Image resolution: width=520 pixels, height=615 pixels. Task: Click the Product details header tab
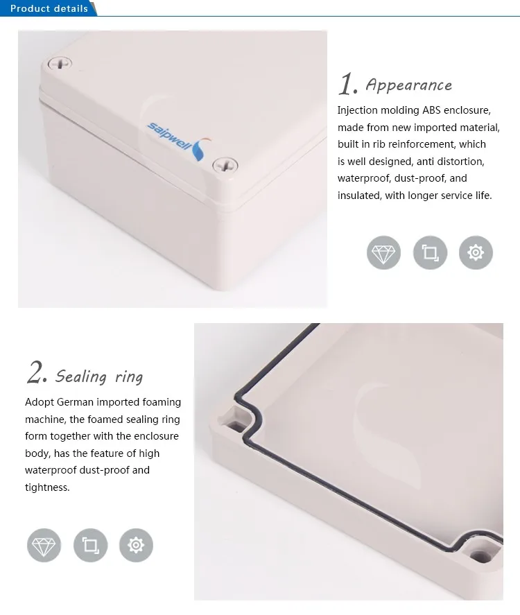click(49, 8)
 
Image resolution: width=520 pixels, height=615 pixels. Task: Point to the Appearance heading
click(408, 85)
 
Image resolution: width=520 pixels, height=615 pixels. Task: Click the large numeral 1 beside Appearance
click(347, 84)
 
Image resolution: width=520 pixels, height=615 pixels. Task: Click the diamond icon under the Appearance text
click(383, 252)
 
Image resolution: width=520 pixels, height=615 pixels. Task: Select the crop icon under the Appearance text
click(430, 252)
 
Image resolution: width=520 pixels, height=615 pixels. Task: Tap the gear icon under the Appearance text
click(476, 252)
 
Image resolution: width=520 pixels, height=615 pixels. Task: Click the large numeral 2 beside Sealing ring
click(36, 373)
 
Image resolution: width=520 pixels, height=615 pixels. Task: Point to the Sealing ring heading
click(99, 376)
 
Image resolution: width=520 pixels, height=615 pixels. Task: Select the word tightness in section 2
click(47, 487)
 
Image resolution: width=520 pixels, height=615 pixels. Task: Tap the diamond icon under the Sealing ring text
click(44, 545)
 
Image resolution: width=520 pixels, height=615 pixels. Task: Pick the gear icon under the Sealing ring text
click(136, 545)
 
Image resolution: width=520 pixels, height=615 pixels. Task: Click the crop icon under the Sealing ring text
click(90, 545)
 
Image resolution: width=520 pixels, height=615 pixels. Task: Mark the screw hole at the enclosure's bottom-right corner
click(479, 555)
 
